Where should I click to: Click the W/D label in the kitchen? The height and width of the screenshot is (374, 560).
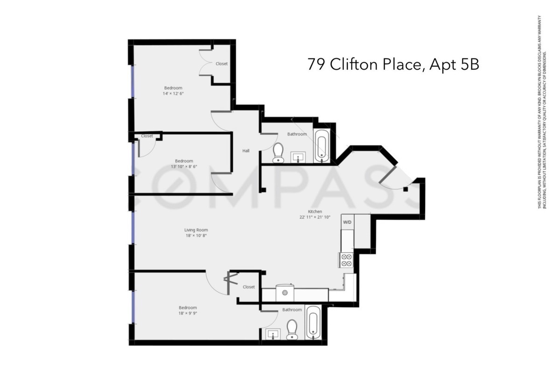348,222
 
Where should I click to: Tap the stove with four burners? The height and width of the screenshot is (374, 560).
346,259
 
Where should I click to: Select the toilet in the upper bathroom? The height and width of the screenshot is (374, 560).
278,153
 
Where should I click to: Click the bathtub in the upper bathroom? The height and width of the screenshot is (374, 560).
322,146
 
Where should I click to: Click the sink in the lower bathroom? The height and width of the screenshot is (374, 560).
273,334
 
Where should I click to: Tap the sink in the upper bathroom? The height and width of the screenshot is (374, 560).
298,157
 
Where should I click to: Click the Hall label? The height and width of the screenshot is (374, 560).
245,151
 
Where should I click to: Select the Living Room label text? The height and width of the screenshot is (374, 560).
196,230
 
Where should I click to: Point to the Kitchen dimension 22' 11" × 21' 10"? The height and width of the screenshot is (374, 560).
315,217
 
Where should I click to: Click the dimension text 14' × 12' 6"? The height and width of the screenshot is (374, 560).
173,93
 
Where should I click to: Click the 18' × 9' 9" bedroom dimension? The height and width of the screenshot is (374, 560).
188,314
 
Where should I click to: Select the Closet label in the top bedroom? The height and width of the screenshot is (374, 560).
222,64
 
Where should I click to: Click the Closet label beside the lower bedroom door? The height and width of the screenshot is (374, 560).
249,287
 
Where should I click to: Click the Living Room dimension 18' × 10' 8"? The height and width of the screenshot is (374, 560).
196,236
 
